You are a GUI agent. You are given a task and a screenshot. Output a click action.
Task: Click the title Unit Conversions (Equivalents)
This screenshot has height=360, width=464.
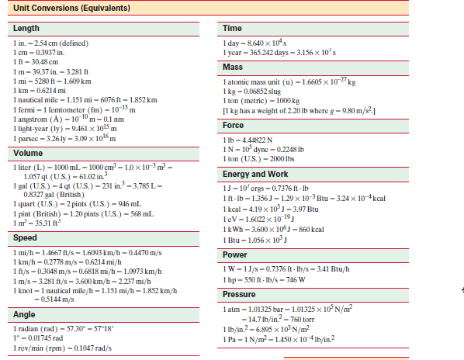click(x=68, y=9)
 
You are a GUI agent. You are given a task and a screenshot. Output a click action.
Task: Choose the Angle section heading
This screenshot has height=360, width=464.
click(x=26, y=314)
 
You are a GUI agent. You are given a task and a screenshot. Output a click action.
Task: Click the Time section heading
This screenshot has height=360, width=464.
click(x=233, y=28)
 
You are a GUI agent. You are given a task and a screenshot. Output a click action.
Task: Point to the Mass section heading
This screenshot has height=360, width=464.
click(x=234, y=67)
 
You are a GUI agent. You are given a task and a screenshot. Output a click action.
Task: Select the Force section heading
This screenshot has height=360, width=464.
click(x=234, y=124)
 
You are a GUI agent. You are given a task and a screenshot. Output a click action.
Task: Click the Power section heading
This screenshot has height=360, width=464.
click(x=235, y=254)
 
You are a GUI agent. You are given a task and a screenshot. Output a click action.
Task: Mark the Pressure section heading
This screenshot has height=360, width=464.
click(x=239, y=295)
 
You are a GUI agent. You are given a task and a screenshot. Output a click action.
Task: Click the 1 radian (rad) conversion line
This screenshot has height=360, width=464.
click(x=63, y=328)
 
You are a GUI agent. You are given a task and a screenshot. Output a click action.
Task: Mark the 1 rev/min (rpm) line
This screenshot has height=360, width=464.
click(x=59, y=347)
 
